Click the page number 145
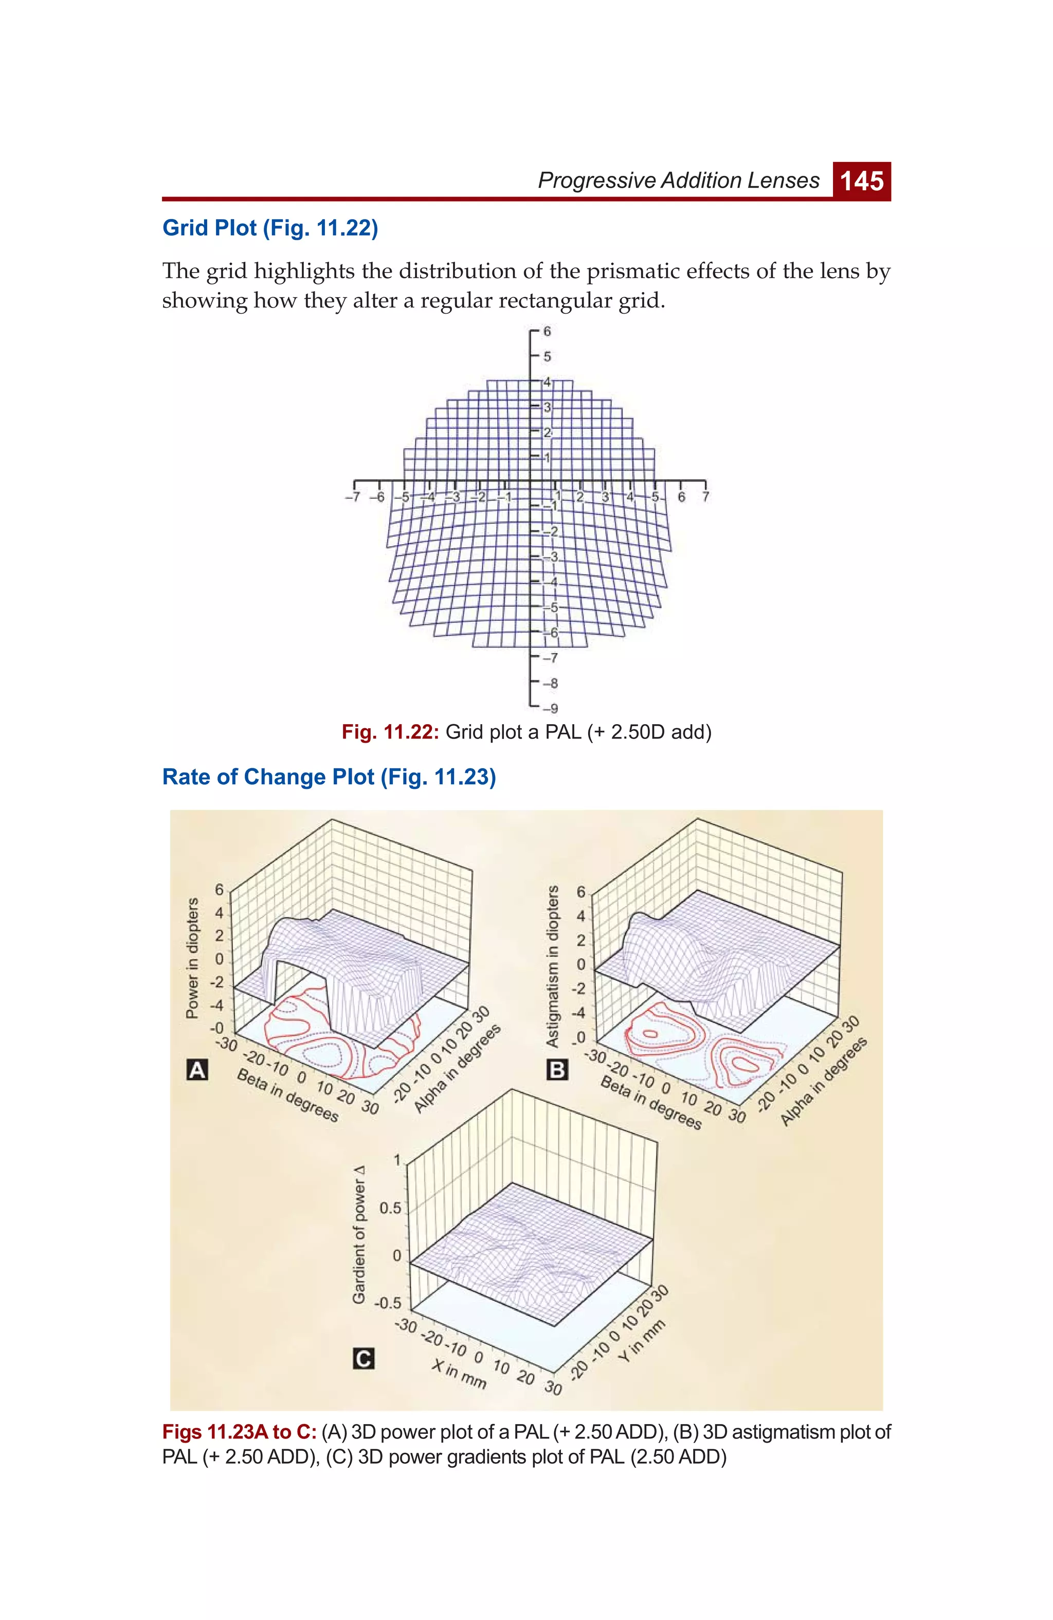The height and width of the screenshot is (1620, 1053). [x=862, y=181]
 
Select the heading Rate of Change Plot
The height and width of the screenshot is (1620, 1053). [x=329, y=777]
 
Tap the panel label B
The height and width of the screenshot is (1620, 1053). [x=557, y=1070]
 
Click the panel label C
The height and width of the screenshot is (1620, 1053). [x=364, y=1359]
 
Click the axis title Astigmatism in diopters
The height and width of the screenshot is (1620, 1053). [x=553, y=966]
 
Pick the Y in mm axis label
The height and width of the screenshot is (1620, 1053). [x=641, y=1340]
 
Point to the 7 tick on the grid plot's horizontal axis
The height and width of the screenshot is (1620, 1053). [x=705, y=497]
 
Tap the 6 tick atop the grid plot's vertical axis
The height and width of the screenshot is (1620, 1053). [x=547, y=332]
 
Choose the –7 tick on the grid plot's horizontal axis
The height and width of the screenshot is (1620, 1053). [x=352, y=497]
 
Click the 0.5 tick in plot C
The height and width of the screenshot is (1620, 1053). [x=391, y=1208]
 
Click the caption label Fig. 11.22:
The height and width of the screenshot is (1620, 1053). [x=390, y=732]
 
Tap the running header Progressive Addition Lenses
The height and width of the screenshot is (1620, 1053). [x=679, y=181]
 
